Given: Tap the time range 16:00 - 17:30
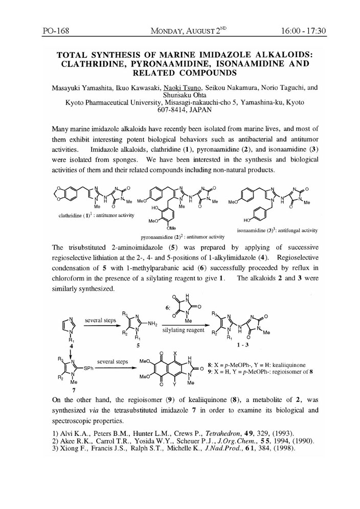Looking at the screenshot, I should click(x=304, y=31).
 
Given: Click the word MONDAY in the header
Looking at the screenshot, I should click(x=173, y=32).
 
